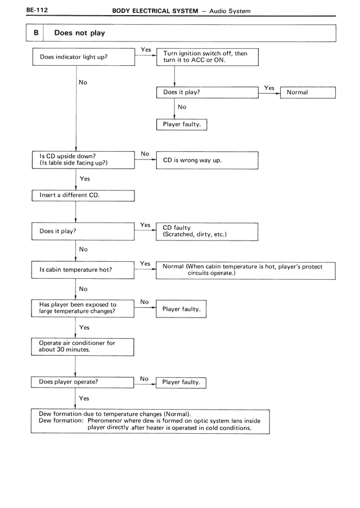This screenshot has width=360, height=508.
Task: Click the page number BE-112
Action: (37, 10)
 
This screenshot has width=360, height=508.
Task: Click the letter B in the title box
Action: (36, 33)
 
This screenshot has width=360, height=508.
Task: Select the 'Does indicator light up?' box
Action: (84, 57)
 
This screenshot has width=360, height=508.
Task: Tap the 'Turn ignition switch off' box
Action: (208, 57)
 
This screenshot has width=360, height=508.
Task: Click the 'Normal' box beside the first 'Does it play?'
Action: (308, 93)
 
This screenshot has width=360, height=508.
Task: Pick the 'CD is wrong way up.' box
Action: (207, 160)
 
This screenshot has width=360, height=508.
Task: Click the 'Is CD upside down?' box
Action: (83, 160)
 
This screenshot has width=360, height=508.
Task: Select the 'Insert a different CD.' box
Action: (83, 196)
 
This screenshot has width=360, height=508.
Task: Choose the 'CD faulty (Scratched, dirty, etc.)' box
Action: (207, 232)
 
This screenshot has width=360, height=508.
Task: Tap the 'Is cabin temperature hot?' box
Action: (83, 270)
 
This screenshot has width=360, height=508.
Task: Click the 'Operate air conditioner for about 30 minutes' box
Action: (83, 347)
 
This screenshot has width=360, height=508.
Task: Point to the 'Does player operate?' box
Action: (82, 382)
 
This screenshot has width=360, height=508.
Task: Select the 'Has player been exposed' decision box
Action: (83, 309)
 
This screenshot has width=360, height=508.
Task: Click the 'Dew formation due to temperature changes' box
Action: (150, 421)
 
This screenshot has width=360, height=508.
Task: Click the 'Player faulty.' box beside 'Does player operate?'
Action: (181, 383)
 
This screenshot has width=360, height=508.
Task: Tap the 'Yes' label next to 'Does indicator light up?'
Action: (146, 49)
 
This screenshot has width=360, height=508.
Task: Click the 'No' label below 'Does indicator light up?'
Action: (83, 82)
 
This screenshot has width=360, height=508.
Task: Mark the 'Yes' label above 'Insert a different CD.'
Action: (84, 179)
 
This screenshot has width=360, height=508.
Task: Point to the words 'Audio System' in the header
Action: (230, 11)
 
